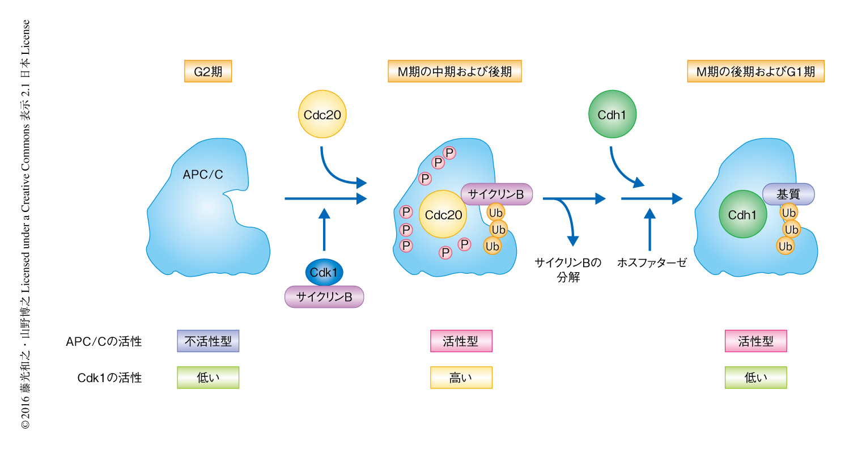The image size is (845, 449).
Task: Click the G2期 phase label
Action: (x=208, y=72)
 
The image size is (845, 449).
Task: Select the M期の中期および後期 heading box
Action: (x=455, y=72)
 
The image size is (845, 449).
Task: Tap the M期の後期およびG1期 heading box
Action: (x=755, y=72)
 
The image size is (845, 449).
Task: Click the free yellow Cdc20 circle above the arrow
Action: (x=322, y=115)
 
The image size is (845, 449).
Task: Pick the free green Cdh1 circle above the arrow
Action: (x=613, y=115)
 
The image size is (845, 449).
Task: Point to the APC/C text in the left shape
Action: (x=203, y=175)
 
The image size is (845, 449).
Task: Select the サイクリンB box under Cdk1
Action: (x=324, y=296)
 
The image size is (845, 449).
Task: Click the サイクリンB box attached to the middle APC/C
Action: (x=497, y=194)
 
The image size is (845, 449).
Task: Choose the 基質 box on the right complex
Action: (x=788, y=194)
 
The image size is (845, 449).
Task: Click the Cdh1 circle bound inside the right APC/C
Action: (x=742, y=215)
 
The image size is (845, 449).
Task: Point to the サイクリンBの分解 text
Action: (x=568, y=270)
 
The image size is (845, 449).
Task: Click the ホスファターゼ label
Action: (x=651, y=263)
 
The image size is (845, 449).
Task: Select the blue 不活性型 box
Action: (x=208, y=341)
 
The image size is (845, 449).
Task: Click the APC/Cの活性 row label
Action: (x=104, y=342)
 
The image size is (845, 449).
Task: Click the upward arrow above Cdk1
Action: (x=324, y=230)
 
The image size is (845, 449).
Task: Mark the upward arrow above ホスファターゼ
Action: (x=651, y=230)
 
